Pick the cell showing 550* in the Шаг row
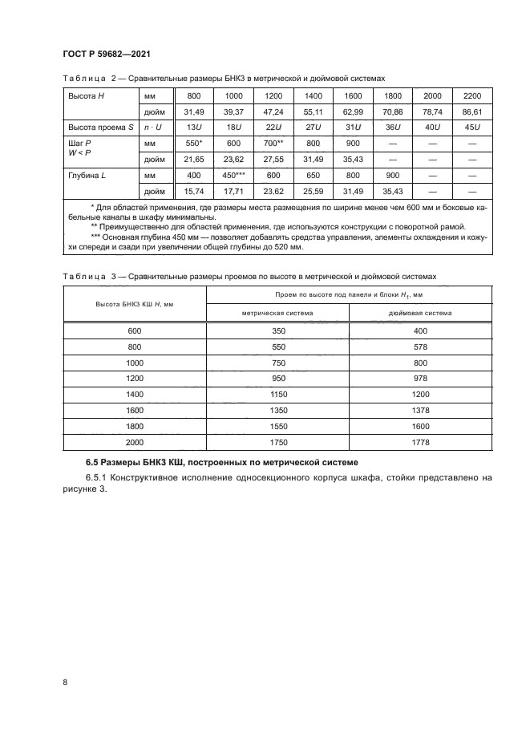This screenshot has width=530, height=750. tap(194, 143)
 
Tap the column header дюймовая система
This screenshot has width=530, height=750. tap(419, 313)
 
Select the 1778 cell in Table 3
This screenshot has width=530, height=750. tap(420, 442)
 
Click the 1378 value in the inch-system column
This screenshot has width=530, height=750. tap(420, 410)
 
